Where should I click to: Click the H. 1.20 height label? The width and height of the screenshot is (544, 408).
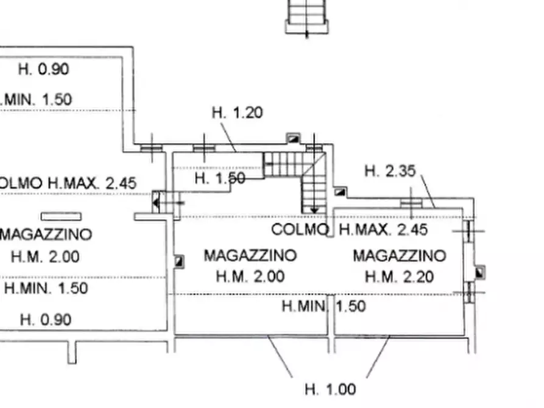tap(238, 113)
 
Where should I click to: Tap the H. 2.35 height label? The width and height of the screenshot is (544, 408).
tap(390, 171)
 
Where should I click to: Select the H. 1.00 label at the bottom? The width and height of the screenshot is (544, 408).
tap(330, 389)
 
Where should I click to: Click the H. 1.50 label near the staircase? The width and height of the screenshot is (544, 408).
tap(220, 178)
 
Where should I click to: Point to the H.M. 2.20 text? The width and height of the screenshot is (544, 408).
tap(399, 277)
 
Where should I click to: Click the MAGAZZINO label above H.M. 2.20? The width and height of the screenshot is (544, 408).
tap(399, 255)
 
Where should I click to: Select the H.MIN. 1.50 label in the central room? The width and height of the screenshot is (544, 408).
tap(323, 306)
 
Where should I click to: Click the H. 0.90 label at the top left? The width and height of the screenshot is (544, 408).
tap(43, 69)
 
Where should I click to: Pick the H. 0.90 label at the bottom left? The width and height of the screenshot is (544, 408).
tap(46, 319)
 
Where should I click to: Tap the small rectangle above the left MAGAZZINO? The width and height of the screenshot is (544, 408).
tap(61, 216)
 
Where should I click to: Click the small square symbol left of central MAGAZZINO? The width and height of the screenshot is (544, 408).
tap(179, 261)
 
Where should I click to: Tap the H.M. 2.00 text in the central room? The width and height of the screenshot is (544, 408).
tap(250, 277)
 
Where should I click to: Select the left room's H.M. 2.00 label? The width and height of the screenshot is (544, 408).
tap(44, 256)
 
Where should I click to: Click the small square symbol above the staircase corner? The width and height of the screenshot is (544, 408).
tap(294, 138)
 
